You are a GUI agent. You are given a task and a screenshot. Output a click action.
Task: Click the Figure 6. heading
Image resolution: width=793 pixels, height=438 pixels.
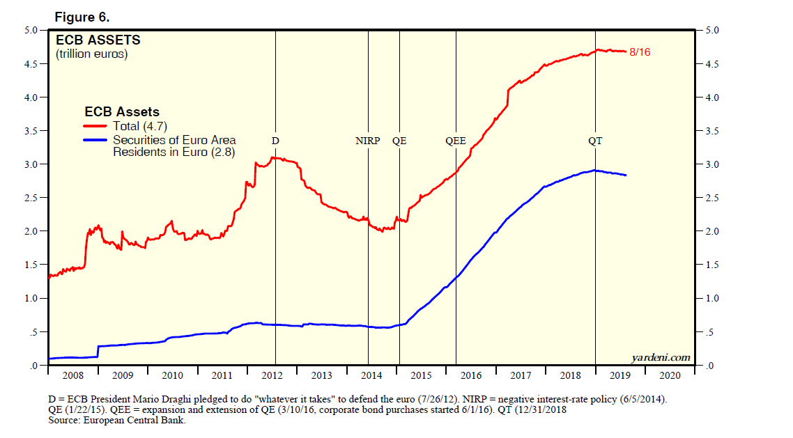click(82, 17)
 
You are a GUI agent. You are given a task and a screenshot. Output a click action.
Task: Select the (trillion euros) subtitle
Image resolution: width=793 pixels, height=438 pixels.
click(91, 54)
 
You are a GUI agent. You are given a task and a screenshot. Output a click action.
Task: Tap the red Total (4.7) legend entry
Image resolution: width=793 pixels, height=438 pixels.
click(139, 126)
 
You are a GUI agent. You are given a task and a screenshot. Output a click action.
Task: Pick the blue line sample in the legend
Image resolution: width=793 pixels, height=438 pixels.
click(96, 140)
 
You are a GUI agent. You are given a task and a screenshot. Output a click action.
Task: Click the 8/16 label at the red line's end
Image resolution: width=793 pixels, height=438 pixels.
click(640, 52)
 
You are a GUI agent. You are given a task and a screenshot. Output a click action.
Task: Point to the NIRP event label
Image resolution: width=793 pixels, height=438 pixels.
click(367, 141)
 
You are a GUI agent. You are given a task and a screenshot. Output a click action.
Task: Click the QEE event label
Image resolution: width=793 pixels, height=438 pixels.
click(456, 141)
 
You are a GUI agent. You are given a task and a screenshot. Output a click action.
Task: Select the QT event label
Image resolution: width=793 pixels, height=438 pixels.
click(595, 141)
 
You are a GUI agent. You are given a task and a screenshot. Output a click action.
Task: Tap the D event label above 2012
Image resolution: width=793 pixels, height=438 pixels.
click(275, 141)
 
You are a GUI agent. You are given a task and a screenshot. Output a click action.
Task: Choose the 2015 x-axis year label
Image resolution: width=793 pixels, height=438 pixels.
click(421, 376)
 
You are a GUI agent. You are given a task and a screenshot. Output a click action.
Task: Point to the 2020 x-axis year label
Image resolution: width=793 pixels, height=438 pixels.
click(670, 376)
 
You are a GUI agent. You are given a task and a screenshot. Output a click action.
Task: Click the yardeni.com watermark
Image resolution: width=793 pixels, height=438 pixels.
click(661, 358)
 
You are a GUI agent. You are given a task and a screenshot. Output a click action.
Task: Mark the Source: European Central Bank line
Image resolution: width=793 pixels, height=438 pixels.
click(122, 420)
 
